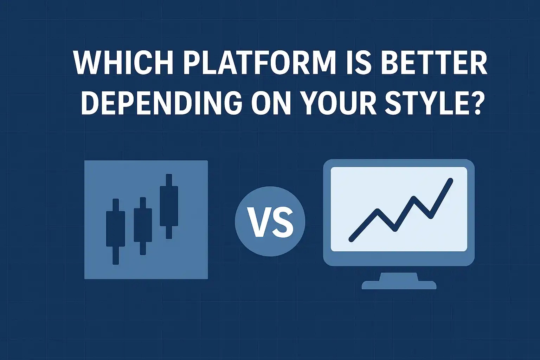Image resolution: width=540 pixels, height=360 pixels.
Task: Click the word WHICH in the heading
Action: pyautogui.click(x=123, y=63)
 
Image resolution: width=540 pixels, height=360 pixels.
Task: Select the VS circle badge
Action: pyautogui.click(x=270, y=221)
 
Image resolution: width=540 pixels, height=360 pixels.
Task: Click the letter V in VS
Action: pyautogui.click(x=258, y=222)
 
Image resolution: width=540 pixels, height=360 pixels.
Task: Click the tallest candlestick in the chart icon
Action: pyautogui.click(x=169, y=206)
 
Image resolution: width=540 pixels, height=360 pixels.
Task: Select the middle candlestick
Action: pyautogui.click(x=143, y=226)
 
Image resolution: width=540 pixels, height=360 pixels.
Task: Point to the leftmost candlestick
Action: pyautogui.click(x=116, y=231)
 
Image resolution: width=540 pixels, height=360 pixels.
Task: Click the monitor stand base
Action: pyautogui.click(x=399, y=285)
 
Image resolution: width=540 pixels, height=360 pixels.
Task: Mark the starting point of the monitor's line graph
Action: pyautogui.click(x=352, y=239)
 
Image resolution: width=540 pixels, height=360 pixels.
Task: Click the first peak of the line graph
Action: pyautogui.click(x=378, y=211)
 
